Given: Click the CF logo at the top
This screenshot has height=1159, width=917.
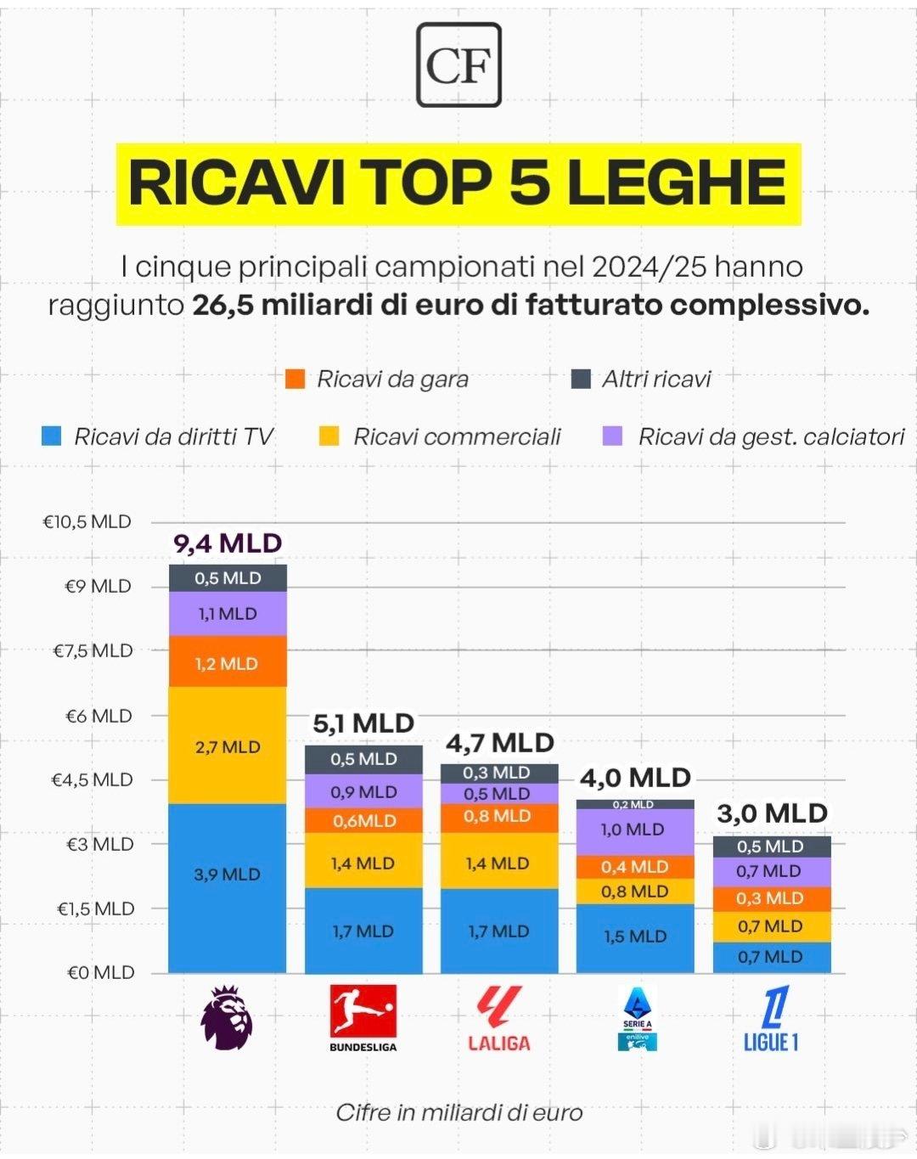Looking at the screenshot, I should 458,65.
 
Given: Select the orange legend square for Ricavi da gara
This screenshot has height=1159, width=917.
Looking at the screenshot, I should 295,379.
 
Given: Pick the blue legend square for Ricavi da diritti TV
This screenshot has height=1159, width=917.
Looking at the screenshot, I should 52,436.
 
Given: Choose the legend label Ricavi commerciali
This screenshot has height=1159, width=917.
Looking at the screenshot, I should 457,436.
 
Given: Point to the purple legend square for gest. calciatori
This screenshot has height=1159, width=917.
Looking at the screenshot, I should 612,436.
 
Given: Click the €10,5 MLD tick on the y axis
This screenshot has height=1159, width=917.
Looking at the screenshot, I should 87,521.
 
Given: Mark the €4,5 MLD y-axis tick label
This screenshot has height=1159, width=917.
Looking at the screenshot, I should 92,779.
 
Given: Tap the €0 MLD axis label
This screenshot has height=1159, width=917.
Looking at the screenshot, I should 100,972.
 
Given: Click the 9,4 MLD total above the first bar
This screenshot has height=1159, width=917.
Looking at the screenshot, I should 228,543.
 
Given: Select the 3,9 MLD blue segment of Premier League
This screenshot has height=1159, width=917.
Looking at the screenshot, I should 228,875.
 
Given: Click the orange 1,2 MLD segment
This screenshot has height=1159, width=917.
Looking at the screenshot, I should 228,663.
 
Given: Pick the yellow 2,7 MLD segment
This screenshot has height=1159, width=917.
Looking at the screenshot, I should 228,747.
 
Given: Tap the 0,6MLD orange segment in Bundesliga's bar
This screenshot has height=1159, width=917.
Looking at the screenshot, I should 364,820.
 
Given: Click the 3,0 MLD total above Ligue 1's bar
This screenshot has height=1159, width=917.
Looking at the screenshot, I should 772,813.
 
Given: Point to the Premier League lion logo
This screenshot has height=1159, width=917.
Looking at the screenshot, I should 227,1017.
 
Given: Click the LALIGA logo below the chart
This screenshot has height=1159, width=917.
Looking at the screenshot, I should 499,1019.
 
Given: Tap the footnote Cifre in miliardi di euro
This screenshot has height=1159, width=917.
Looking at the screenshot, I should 458,1112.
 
